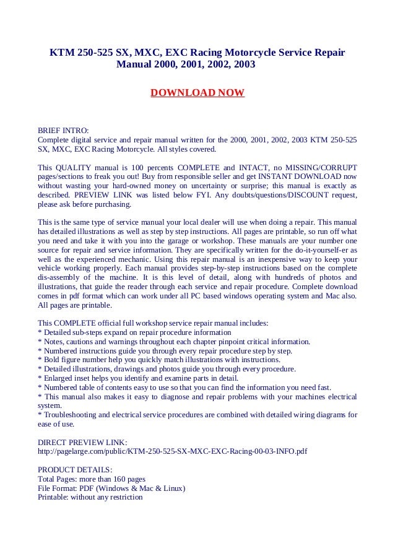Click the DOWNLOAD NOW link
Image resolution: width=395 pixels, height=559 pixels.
point(197,93)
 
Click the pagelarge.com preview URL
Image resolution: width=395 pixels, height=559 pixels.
point(172,452)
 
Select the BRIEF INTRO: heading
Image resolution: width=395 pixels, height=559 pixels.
point(63,130)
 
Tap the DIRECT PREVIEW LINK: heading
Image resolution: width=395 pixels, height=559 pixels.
point(82,442)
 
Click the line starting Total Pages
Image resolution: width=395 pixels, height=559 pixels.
point(92,479)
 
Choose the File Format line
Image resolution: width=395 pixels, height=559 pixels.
point(111,488)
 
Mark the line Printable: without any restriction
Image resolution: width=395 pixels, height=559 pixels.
point(90,496)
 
